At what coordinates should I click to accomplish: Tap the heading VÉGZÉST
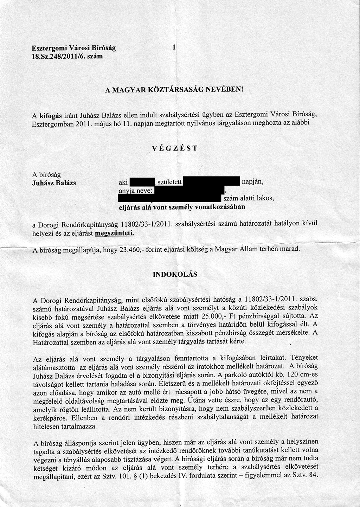coord(175,148)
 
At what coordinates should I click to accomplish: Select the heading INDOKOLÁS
coord(175,274)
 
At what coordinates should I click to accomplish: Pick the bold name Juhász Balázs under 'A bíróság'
coord(54,183)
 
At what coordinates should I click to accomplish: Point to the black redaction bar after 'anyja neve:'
coord(189,190)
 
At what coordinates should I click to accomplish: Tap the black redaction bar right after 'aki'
coord(142,182)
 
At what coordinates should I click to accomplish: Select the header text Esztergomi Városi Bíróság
coord(73,48)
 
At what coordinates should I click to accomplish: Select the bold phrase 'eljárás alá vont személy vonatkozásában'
coord(182,207)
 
